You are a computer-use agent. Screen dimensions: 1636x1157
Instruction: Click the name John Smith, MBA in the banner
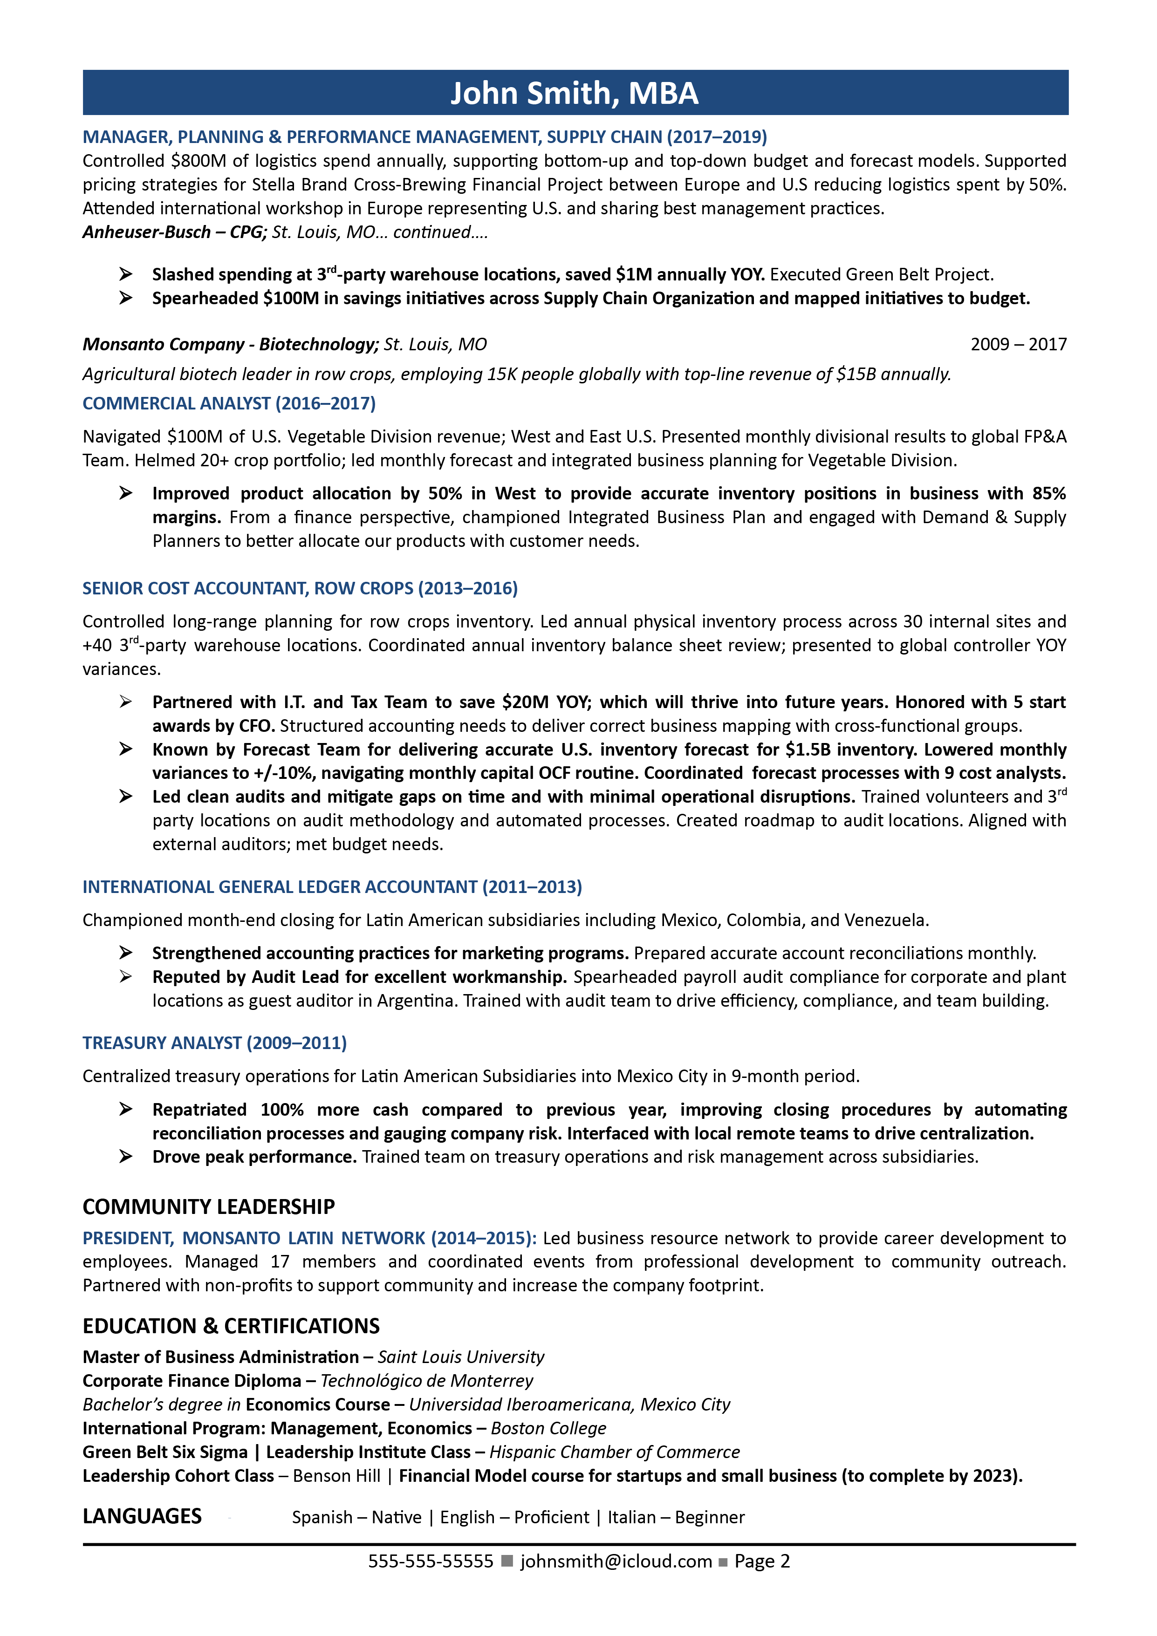point(574,93)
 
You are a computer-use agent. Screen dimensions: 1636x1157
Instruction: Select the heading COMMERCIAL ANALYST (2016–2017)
point(229,403)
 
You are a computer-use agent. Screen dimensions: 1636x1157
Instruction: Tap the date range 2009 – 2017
point(1018,344)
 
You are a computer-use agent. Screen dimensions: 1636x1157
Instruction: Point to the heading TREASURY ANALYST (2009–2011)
point(214,1043)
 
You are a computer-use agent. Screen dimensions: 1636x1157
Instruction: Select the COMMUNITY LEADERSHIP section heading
point(208,1207)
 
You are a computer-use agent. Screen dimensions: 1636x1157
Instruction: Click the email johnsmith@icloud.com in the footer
point(616,1561)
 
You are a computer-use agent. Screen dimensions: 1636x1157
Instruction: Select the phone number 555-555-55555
point(431,1561)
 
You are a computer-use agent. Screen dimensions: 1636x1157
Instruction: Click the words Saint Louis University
point(460,1357)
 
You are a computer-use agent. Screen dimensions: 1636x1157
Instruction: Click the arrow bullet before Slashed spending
point(125,274)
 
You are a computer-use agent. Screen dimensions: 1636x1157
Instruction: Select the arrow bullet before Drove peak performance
point(125,1157)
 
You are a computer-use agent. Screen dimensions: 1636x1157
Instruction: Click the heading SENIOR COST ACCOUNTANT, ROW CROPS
point(300,588)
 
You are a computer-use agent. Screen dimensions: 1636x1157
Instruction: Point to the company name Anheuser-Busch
point(146,232)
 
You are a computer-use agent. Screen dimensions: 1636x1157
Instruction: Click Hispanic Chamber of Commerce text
point(615,1452)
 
